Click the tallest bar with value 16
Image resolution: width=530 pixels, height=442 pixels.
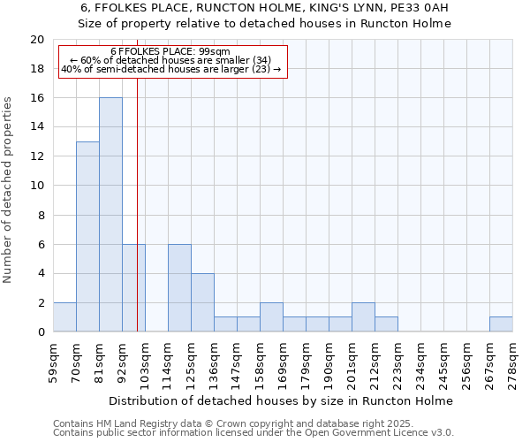110,215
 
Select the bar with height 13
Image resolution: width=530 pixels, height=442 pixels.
87,237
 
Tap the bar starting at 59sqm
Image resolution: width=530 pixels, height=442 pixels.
64,317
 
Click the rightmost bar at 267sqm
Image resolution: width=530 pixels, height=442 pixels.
501,324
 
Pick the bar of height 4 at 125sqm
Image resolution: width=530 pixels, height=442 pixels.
202,302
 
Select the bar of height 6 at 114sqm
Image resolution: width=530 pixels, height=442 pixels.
179,288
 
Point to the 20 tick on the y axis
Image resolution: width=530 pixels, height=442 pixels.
37,40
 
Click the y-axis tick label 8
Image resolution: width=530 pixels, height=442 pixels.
41,215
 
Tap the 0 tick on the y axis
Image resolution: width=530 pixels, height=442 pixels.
41,332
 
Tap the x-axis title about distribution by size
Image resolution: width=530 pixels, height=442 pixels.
283,400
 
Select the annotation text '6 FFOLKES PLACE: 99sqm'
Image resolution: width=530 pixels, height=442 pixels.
170,52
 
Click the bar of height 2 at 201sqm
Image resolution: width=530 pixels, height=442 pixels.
363,317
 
